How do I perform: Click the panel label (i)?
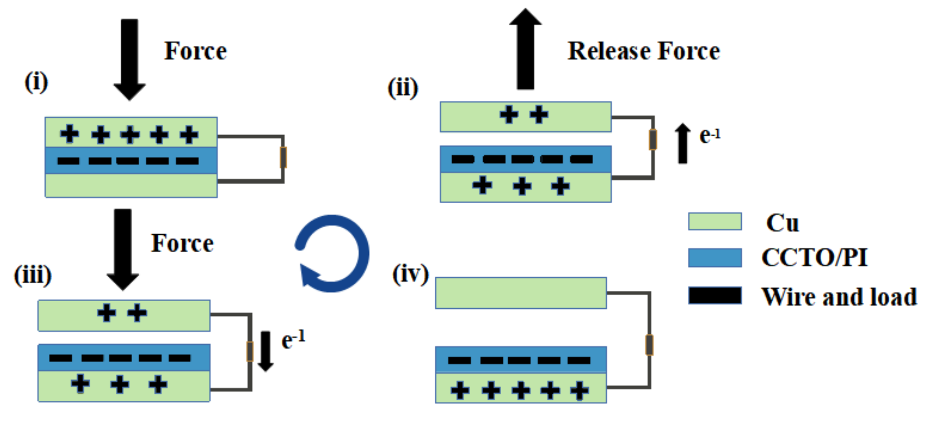point(36,82)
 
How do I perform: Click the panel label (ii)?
point(402,88)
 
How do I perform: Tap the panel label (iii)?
point(33,275)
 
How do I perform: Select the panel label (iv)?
point(410,274)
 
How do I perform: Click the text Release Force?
point(643,51)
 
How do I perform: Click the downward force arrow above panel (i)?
point(130,59)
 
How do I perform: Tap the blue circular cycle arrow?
point(333,253)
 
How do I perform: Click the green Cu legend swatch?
point(715,221)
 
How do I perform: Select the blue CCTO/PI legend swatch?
point(715,257)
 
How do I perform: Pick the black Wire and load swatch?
point(715,295)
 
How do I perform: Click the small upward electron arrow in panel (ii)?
point(683,143)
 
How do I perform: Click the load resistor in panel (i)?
point(283,158)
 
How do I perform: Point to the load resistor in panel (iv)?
point(649,345)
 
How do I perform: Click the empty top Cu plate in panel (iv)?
point(521,293)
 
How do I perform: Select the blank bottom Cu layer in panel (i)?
point(131,185)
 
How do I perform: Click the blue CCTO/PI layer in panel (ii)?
point(525,159)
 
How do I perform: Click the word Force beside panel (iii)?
point(182,243)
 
